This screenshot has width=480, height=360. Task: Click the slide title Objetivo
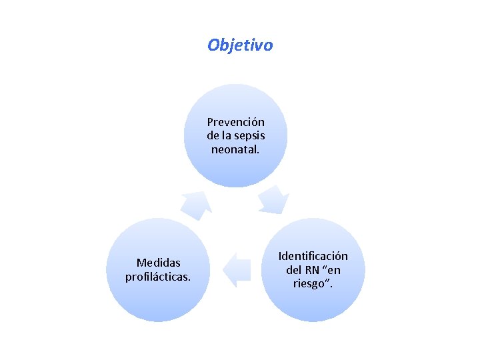pos(240,45)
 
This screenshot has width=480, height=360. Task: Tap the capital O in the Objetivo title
pos(213,45)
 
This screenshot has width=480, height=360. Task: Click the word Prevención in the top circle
pos(235,122)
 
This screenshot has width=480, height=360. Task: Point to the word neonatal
pos(235,149)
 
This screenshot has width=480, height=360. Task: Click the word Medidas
pos(158,263)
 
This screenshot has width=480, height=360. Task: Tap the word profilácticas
pos(158,276)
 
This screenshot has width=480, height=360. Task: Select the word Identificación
pos(313,256)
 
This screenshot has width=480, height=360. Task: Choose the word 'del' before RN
pos(295,270)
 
